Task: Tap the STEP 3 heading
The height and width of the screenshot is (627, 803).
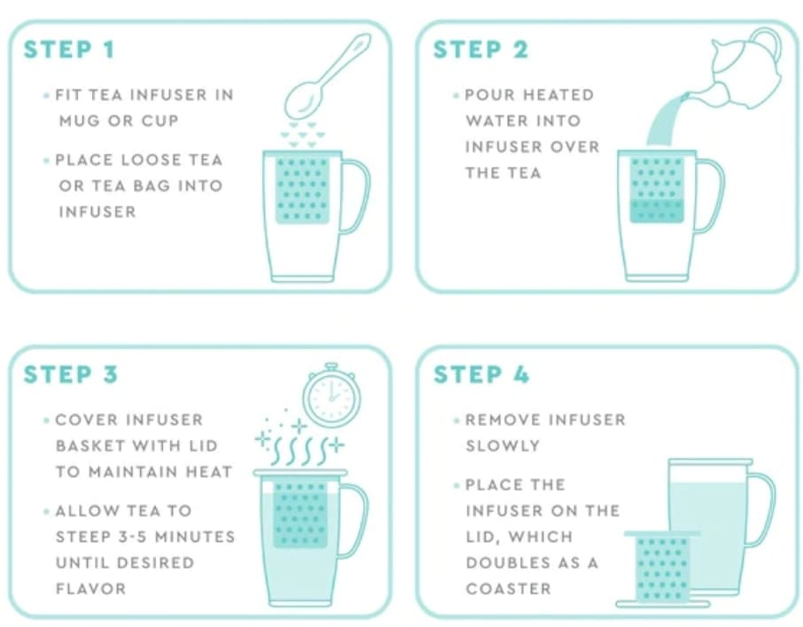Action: click(x=70, y=374)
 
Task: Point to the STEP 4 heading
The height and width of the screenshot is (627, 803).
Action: click(x=480, y=374)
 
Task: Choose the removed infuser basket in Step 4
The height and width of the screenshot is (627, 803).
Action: click(x=663, y=568)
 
